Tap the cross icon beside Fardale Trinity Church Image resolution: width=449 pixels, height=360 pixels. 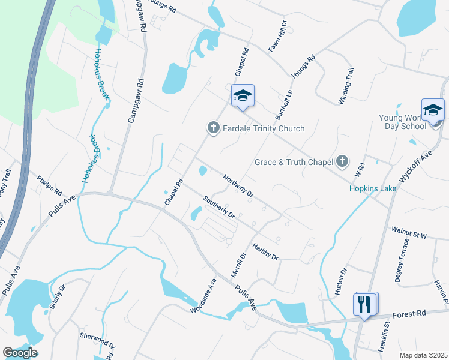(x=212, y=128)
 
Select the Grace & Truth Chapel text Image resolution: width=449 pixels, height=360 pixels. (x=293, y=162)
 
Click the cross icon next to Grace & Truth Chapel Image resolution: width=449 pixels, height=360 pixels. (x=342, y=161)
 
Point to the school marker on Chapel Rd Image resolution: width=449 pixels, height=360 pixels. (x=243, y=96)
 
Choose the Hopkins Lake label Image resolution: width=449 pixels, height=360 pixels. (x=373, y=188)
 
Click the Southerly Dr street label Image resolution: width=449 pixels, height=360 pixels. (x=218, y=207)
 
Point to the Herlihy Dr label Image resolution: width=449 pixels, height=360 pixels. (x=266, y=251)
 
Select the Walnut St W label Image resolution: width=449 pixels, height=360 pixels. (x=408, y=233)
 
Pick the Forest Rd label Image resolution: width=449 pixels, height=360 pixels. (x=409, y=313)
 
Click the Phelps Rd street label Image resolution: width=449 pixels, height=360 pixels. (x=49, y=186)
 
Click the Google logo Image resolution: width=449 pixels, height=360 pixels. (x=20, y=352)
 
